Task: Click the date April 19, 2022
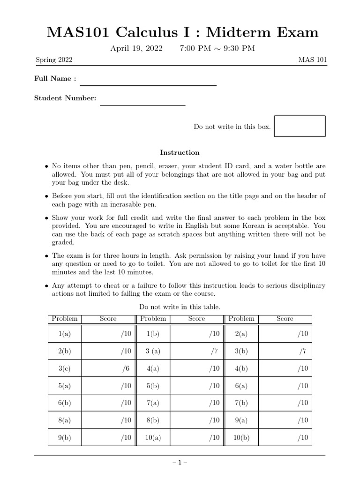[136, 48]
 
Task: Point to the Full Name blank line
[148, 84]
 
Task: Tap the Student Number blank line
[142, 105]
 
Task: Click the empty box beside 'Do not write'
[300, 127]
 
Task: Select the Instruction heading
[180, 152]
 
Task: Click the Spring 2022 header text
[54, 60]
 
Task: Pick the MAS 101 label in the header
[313, 60]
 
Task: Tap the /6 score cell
[108, 368]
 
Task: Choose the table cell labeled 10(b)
[241, 438]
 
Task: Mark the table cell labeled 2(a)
[241, 334]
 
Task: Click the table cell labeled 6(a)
[241, 386]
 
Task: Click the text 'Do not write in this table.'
[180, 307]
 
